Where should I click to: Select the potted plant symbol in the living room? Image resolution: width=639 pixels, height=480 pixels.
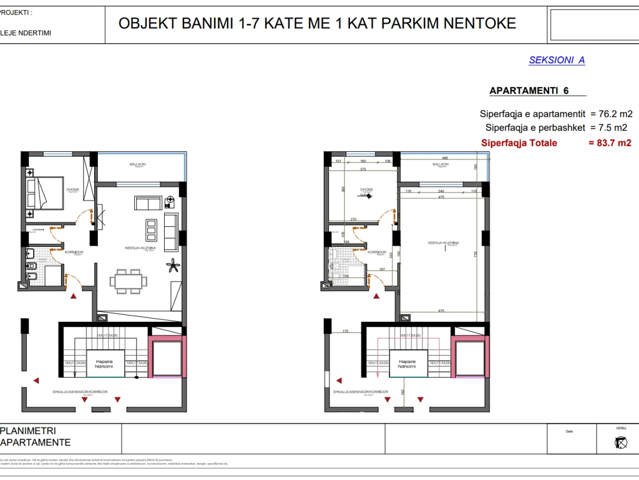click(x=172, y=267)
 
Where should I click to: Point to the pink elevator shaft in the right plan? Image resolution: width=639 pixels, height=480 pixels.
click(x=468, y=357)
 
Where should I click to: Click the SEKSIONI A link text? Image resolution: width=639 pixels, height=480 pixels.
click(x=557, y=61)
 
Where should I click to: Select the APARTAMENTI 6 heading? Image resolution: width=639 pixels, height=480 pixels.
click(x=529, y=91)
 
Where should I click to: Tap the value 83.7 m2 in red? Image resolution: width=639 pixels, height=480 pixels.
click(x=610, y=143)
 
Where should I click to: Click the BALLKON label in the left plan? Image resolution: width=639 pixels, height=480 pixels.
click(x=137, y=164)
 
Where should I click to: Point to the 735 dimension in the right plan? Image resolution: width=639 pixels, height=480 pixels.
click(x=477, y=254)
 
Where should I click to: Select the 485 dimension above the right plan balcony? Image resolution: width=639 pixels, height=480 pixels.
click(x=445, y=158)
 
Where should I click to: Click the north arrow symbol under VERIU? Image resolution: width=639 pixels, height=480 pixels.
click(x=620, y=442)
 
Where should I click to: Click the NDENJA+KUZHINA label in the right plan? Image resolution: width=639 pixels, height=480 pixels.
click(x=444, y=242)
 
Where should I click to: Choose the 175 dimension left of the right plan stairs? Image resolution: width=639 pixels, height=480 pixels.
click(x=345, y=332)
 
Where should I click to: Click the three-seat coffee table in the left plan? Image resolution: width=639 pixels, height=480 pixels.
click(x=151, y=230)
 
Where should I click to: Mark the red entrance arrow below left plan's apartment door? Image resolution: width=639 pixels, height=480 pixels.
click(x=74, y=295)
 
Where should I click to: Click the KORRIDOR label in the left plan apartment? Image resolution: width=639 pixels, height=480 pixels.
click(x=74, y=252)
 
